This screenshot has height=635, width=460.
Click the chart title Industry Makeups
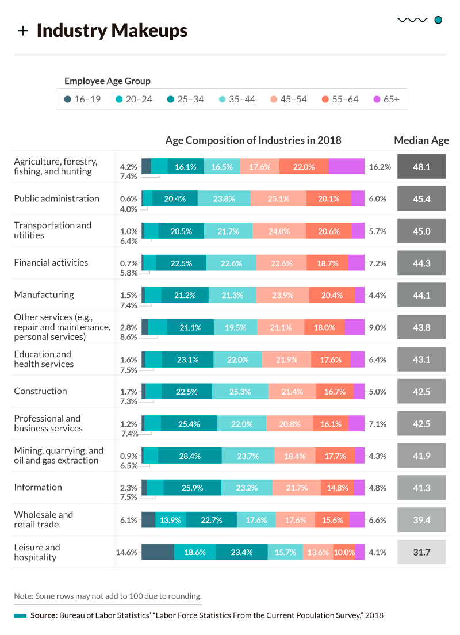pos(112,30)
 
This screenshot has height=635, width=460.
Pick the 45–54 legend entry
pos(287,99)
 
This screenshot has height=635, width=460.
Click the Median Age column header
pos(421,140)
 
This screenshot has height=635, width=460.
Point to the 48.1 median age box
pos(421,167)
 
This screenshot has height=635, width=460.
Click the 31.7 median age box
pos(421,552)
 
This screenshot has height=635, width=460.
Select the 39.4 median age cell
pos(421,520)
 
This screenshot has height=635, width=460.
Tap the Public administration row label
pos(56,198)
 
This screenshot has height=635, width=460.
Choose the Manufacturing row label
pos(44,294)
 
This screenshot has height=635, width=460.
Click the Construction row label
pos(40,391)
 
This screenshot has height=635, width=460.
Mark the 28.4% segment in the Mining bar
pos(190,456)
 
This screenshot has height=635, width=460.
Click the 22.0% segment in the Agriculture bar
pos(304,167)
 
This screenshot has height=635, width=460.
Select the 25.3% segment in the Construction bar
pos(240,392)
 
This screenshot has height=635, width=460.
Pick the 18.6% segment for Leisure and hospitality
pos(195,552)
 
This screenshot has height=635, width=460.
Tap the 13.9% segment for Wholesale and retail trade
pos(171,520)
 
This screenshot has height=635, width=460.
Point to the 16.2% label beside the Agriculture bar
pos(380,167)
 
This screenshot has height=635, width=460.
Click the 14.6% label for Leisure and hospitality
pos(126,552)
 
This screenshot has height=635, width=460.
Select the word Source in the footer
pos(43,615)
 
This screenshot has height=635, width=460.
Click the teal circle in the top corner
pos(438,20)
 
